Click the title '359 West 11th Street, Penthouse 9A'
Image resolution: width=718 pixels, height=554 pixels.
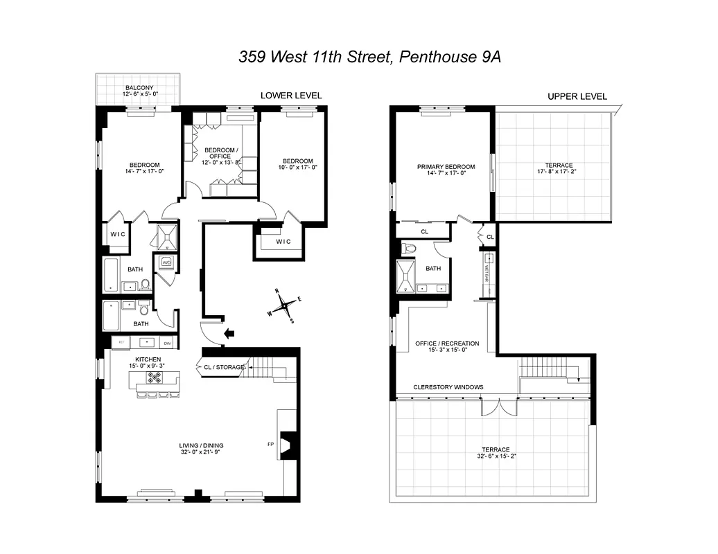click(369, 57)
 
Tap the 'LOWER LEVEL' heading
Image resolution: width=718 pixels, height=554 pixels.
click(291, 96)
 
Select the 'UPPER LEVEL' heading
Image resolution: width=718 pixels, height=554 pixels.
click(577, 96)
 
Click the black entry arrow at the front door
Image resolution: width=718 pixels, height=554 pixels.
click(230, 334)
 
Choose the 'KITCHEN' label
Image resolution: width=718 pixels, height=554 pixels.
click(143, 359)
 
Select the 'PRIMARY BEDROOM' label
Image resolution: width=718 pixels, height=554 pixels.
click(446, 167)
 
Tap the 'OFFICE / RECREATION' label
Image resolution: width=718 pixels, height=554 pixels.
click(447, 343)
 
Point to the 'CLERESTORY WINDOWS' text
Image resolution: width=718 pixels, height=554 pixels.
click(448, 387)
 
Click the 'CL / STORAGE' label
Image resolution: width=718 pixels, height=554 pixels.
click(224, 367)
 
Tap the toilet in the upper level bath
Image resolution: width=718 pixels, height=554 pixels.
click(410, 249)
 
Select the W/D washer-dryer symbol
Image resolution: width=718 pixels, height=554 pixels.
click(166, 262)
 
